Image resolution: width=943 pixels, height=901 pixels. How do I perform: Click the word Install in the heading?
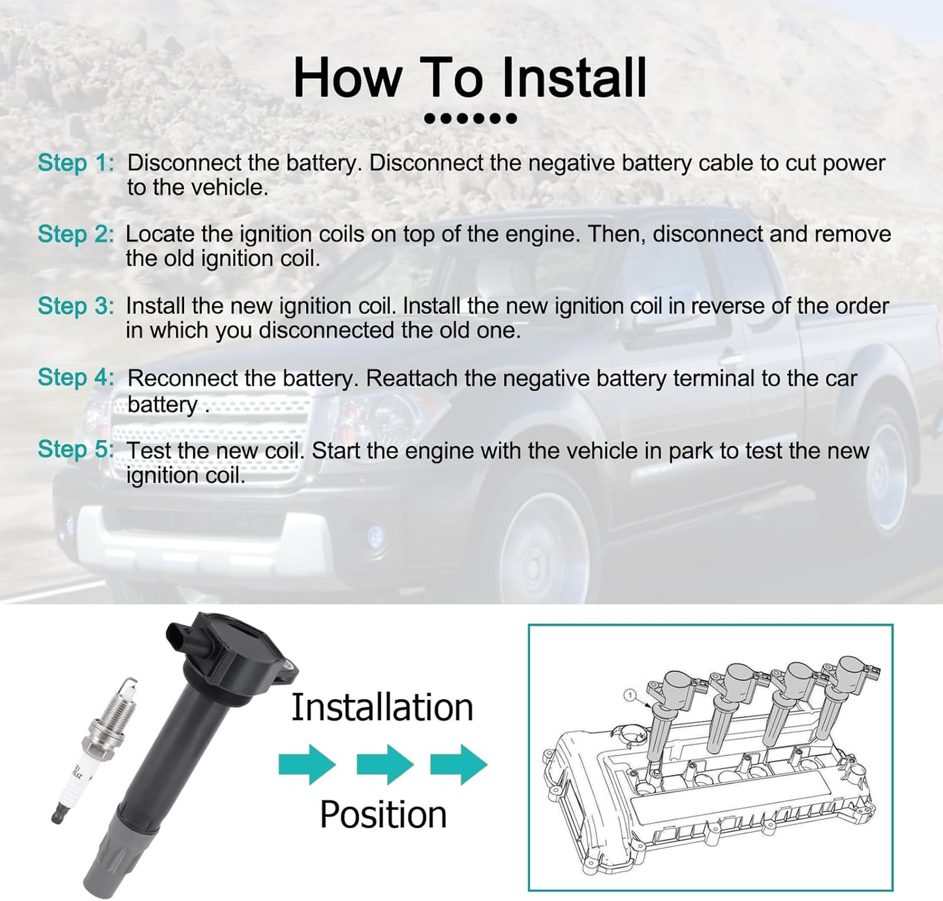pos(574,78)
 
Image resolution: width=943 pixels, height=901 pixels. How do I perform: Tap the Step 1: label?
pos(76,163)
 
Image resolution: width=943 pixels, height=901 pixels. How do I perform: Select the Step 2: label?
pos(76,234)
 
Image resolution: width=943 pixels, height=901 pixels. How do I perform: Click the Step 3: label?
pos(76,306)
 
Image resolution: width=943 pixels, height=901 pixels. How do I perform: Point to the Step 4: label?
pos(76,377)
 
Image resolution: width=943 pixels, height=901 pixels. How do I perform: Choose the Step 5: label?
pos(76,449)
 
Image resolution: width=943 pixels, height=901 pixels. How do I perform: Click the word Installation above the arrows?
pos(382,708)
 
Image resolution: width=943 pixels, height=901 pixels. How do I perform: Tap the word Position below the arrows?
pos(383,815)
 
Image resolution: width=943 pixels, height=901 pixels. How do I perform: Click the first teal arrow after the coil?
pos(307,765)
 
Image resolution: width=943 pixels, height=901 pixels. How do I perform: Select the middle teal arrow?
pos(385,765)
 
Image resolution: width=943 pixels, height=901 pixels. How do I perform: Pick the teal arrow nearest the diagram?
pos(458,765)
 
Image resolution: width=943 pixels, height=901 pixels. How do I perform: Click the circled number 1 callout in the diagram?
pos(630,695)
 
